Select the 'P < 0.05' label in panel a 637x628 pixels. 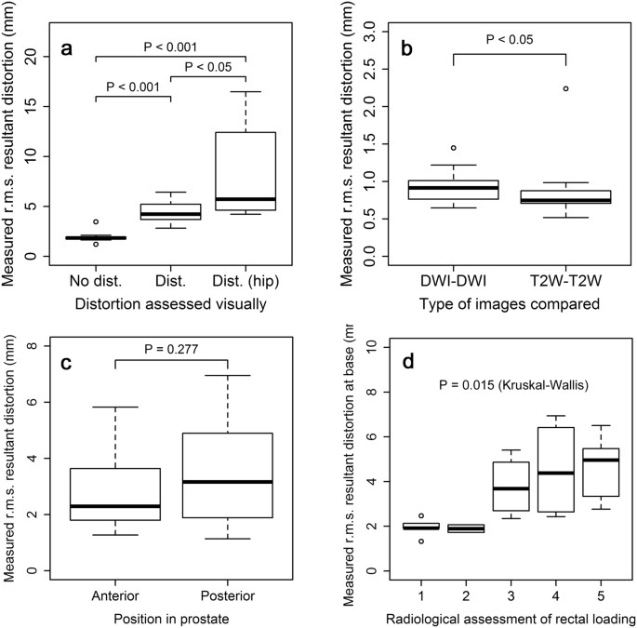coord(207,66)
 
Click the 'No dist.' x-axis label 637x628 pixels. coord(96,277)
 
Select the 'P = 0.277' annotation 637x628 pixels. coord(170,349)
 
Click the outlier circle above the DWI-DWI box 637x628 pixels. coord(453,148)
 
